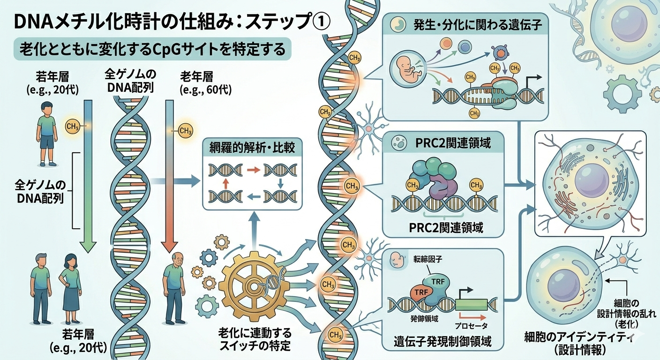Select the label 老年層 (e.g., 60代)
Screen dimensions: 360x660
[205, 82]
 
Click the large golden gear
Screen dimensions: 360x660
[254, 285]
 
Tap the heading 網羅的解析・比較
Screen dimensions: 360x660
[252, 148]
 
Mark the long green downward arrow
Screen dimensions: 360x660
[88, 178]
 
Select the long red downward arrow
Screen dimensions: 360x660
[168, 187]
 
